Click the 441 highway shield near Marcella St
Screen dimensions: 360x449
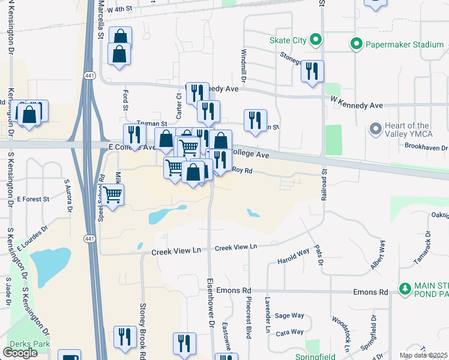[x=89, y=75]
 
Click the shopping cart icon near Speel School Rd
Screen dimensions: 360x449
[x=113, y=194]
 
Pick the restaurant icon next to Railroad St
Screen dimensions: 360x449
[x=312, y=71]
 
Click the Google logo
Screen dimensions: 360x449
[x=20, y=353]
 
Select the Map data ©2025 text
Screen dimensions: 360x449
[x=424, y=356]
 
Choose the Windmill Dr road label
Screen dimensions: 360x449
[x=244, y=65]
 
